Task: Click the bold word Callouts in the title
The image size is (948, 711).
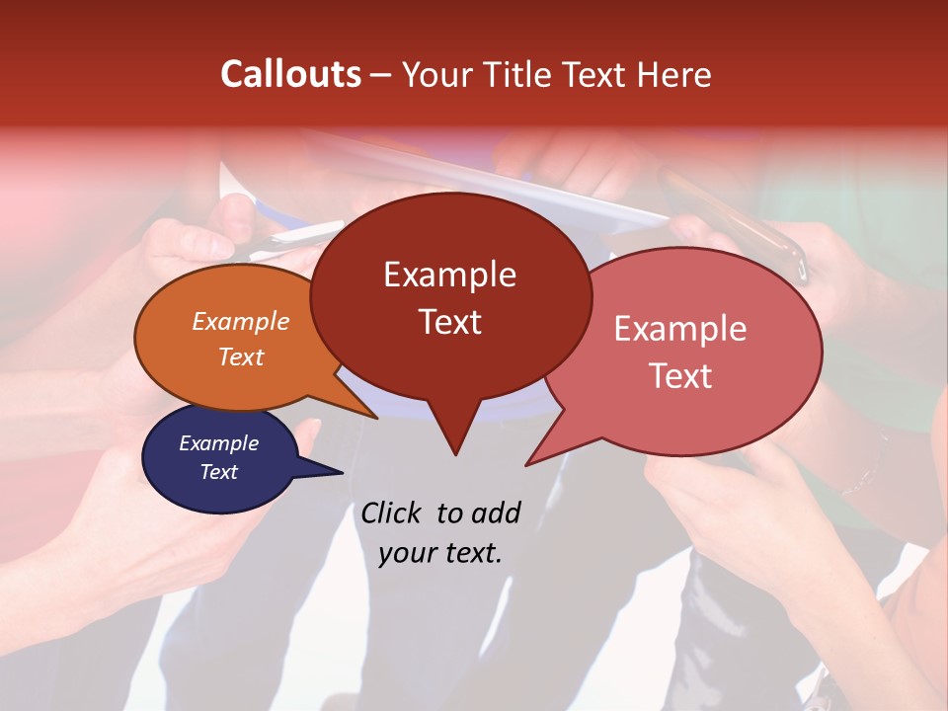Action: [x=290, y=74]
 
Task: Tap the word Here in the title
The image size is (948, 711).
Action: [x=673, y=74]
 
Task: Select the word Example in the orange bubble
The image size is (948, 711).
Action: [x=241, y=321]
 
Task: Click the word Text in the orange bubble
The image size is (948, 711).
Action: [x=241, y=356]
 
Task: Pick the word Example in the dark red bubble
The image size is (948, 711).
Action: [x=449, y=275]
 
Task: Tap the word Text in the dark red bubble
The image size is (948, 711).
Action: [x=449, y=322]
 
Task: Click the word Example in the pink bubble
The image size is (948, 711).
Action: [x=680, y=329]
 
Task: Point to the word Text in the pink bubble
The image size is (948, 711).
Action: [x=680, y=376]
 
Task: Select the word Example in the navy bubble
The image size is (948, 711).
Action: [x=218, y=443]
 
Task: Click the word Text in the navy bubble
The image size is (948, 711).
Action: [x=218, y=472]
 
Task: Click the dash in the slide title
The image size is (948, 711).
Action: [x=382, y=75]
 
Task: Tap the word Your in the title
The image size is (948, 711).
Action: [x=432, y=74]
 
